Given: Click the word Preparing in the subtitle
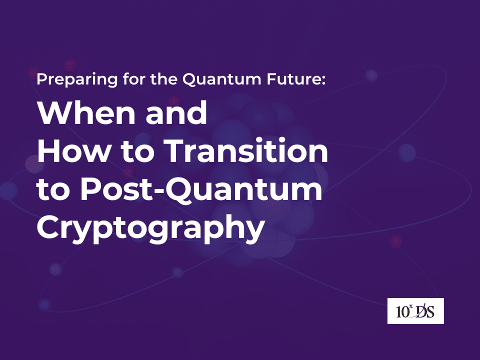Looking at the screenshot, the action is (x=77, y=79).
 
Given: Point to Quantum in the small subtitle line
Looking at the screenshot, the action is (x=222, y=79).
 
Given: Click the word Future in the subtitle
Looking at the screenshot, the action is (x=294, y=79).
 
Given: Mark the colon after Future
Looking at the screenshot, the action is (x=323, y=81).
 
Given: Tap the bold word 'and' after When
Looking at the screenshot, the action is (x=176, y=112).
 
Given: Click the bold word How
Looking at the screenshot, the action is (x=73, y=150).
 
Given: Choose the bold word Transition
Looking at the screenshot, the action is (x=246, y=150).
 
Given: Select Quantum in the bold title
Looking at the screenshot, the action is (x=243, y=190).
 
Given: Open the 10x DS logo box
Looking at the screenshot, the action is (x=415, y=310).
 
